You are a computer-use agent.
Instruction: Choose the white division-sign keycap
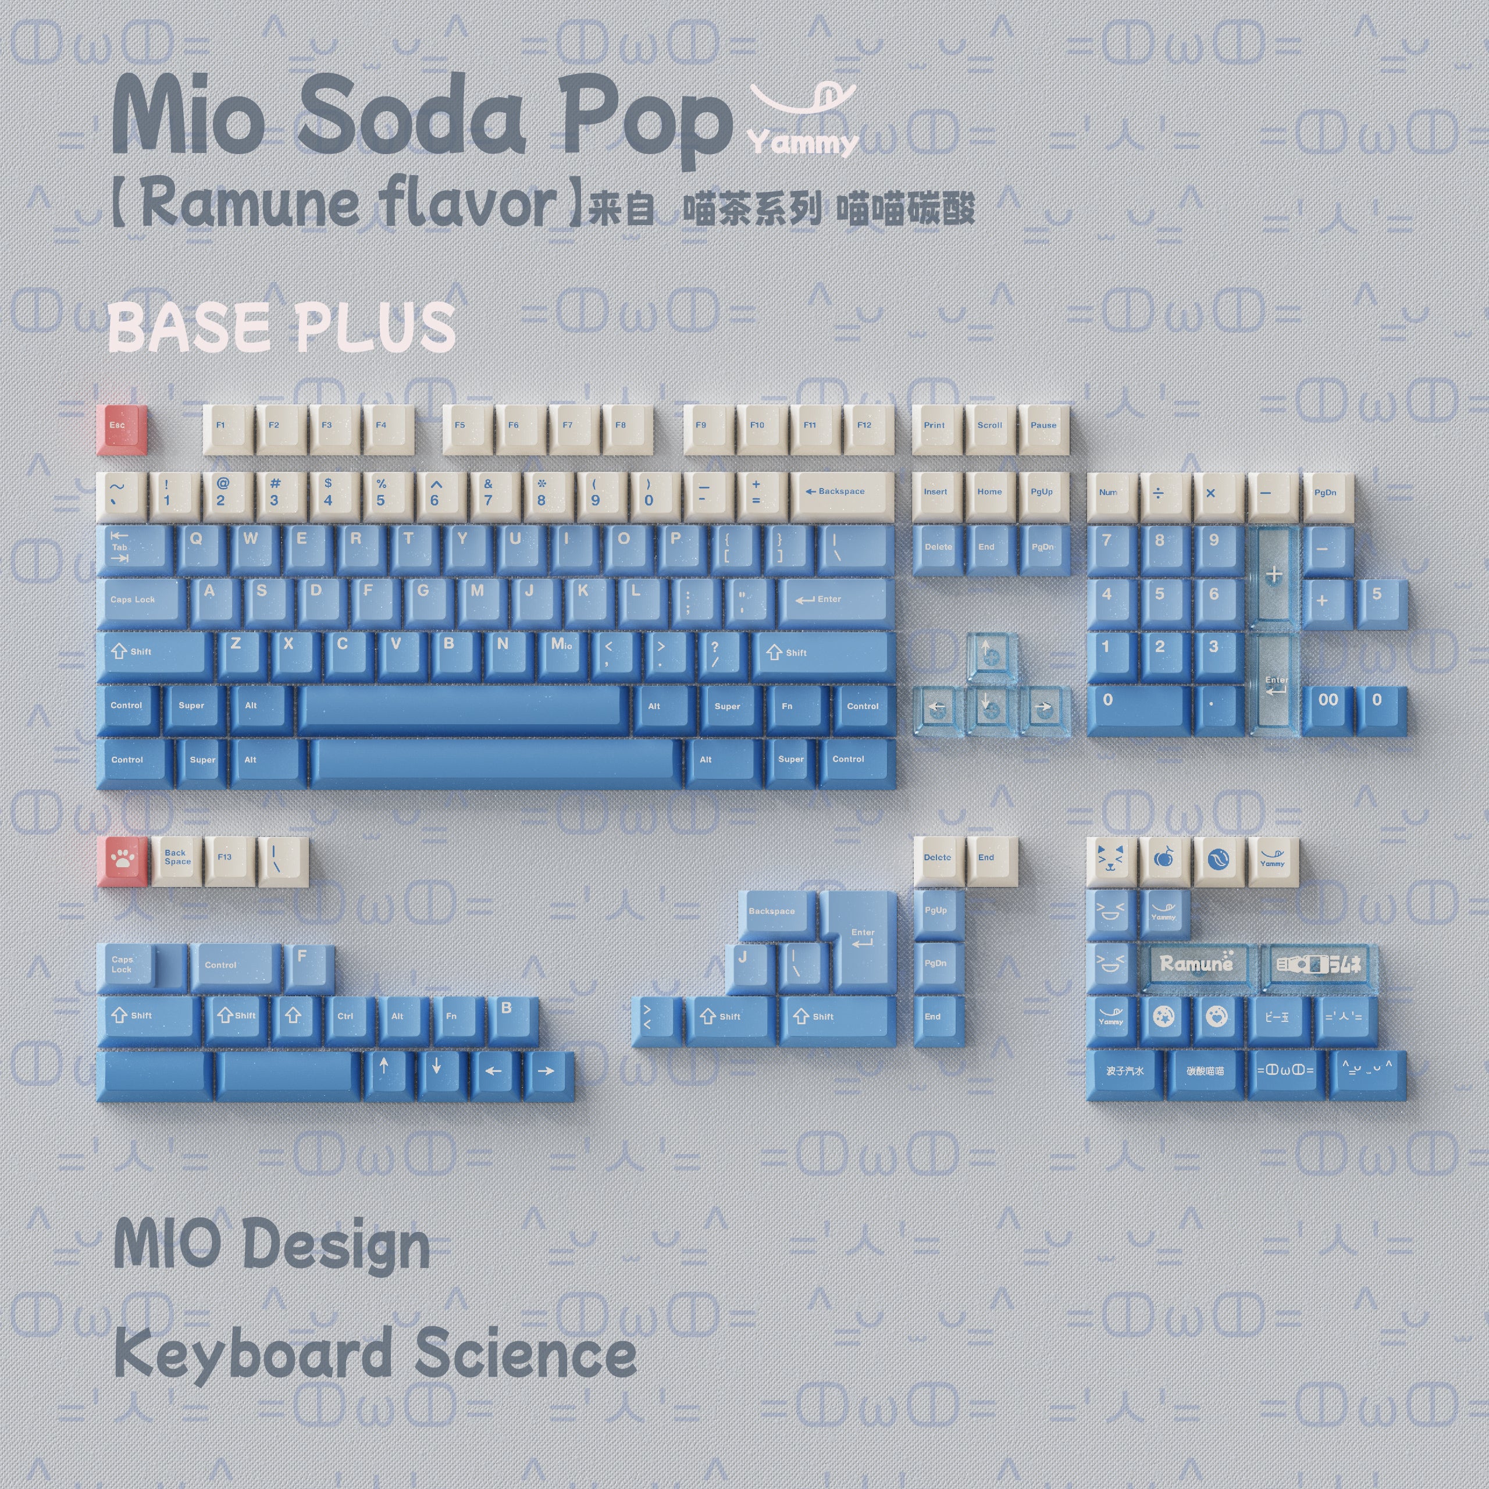click(1159, 495)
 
